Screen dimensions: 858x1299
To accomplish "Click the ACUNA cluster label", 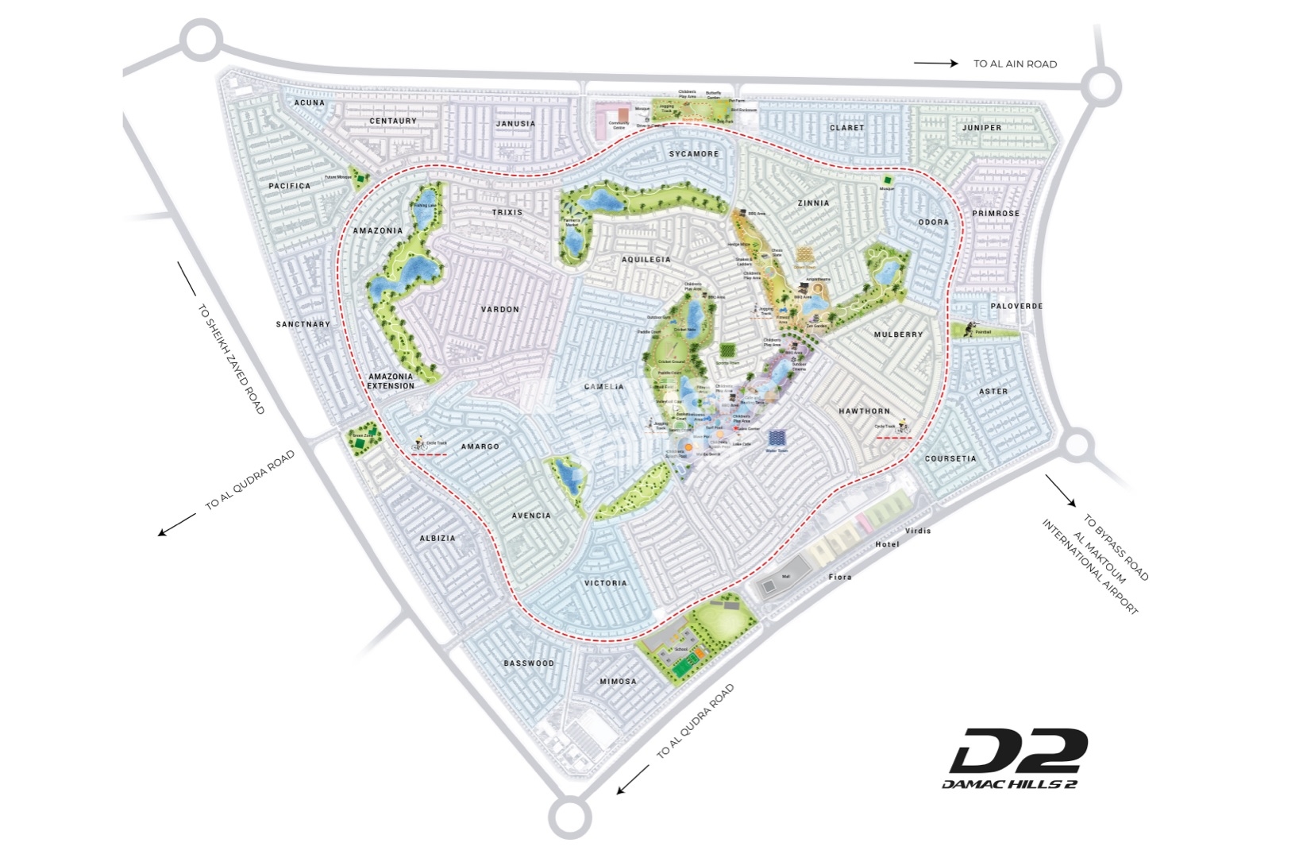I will [x=309, y=102].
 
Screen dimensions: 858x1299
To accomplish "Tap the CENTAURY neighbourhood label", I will [x=393, y=121].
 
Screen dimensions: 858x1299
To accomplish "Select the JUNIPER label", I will [x=981, y=127].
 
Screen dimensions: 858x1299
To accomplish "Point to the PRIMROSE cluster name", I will [x=996, y=213].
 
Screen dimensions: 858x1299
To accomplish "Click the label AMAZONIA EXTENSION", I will [x=391, y=381].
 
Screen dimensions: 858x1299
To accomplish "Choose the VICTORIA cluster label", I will [x=606, y=583].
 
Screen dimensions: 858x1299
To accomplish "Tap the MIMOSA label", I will [x=618, y=682].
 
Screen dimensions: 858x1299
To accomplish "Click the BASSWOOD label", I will [x=529, y=663].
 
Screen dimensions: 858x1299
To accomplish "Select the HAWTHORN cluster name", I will [x=864, y=411].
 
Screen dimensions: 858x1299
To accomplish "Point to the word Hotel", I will [x=887, y=544].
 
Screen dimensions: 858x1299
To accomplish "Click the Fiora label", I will [x=839, y=577].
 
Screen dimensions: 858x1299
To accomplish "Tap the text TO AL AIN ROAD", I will [x=1015, y=64].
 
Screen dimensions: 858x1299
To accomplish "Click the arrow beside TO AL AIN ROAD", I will [x=935, y=64].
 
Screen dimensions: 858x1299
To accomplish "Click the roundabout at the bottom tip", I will [x=569, y=816].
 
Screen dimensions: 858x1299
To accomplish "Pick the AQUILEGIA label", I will [x=646, y=260].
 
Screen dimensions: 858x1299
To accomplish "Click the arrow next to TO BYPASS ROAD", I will [x=1061, y=490].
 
